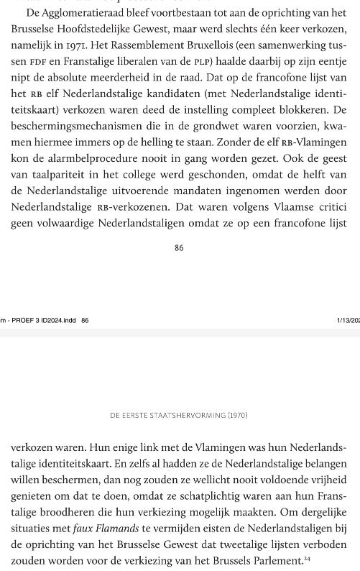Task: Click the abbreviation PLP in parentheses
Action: point(220,62)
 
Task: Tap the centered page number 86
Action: point(179,247)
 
